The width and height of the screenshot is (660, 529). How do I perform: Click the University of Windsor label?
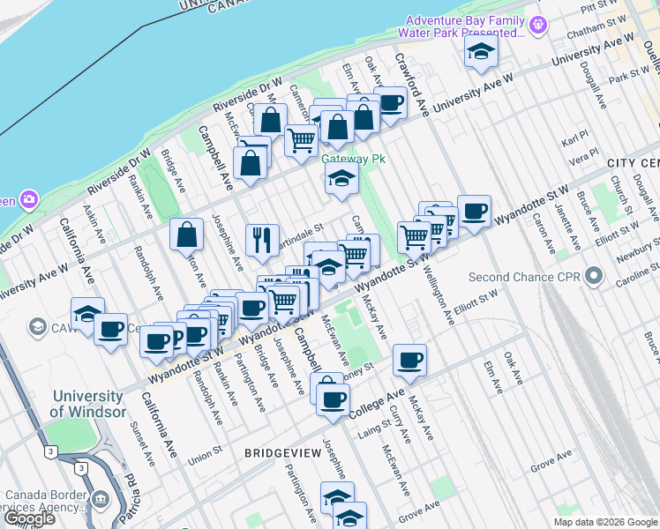(86, 404)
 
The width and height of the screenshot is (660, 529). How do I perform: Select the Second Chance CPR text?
(526, 276)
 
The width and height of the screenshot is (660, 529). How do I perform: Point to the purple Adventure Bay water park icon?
(536, 27)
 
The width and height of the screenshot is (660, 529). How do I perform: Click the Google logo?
(28, 518)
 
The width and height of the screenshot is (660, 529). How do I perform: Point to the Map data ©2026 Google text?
(604, 522)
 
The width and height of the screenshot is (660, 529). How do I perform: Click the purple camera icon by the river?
(30, 198)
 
